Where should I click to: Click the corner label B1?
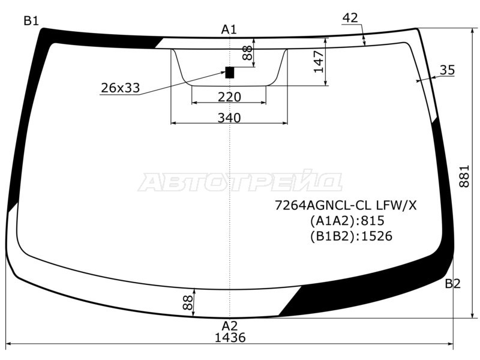[x=31, y=21]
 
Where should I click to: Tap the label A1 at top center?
[x=229, y=29]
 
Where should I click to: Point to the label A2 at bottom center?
[x=230, y=325]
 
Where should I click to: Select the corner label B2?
[x=452, y=284]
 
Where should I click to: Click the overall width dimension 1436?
[x=230, y=337]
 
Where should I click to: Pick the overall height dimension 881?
[x=464, y=176]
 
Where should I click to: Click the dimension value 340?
[x=229, y=118]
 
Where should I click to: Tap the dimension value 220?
[x=229, y=97]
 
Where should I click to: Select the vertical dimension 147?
[x=319, y=62]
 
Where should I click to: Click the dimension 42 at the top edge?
[x=350, y=18]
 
